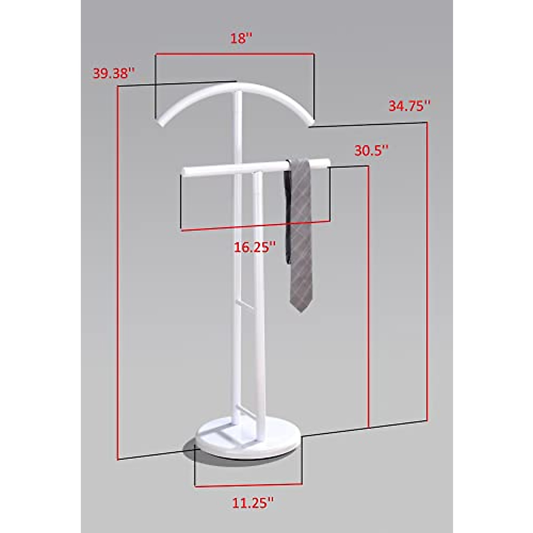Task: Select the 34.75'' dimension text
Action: click(x=409, y=107)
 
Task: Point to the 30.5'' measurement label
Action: click(x=371, y=151)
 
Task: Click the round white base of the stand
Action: click(x=249, y=444)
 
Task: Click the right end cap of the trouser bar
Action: click(x=327, y=162)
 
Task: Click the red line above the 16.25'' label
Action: click(x=255, y=226)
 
